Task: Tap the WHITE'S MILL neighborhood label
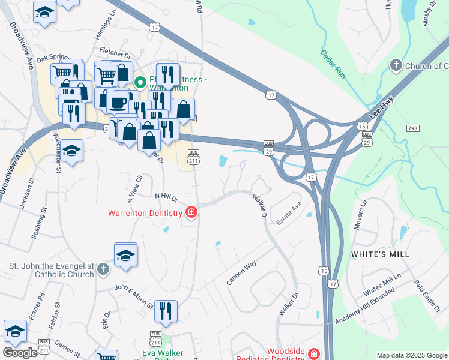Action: pyautogui.click(x=380, y=254)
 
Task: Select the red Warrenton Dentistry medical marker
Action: pyautogui.click(x=191, y=212)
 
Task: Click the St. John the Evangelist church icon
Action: pyautogui.click(x=103, y=269)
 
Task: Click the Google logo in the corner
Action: pyautogui.click(x=20, y=352)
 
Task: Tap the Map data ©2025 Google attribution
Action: pyautogui.click(x=412, y=355)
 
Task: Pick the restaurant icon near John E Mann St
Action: pyautogui.click(x=166, y=311)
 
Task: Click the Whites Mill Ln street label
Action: pyautogui.click(x=382, y=286)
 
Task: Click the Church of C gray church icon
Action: pyautogui.click(x=396, y=65)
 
